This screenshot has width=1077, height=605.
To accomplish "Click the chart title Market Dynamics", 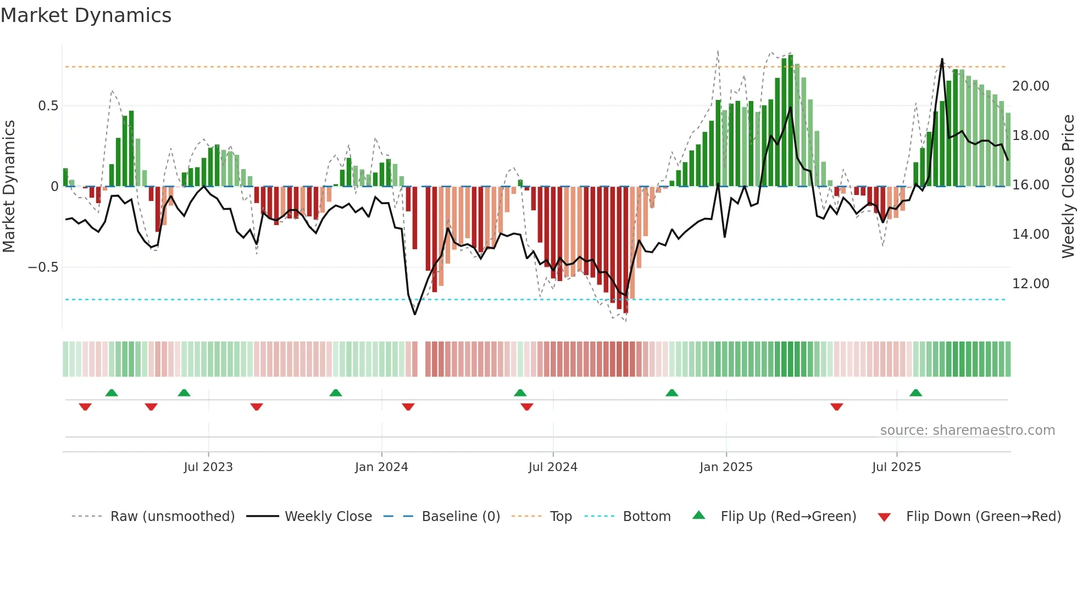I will click(86, 15).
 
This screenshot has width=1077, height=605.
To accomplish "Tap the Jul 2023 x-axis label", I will click(208, 467).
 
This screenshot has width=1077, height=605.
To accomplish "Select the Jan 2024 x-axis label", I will click(381, 467).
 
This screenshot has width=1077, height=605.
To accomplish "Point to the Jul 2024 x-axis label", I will click(553, 467).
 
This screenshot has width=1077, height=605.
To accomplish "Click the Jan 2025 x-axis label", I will click(726, 467).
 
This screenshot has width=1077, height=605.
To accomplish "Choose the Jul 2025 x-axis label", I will click(896, 467).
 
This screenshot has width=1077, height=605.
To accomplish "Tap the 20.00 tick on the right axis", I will click(1030, 86).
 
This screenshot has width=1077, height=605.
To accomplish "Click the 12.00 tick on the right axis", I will click(1030, 284).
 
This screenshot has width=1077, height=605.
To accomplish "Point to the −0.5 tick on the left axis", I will click(43, 267).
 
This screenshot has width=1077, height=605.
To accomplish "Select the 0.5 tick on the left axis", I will click(48, 106).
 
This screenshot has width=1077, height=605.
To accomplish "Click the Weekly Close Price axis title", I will click(1068, 187).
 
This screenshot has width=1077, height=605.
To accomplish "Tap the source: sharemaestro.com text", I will click(967, 430).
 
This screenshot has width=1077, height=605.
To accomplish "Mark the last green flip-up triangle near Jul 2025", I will click(915, 393).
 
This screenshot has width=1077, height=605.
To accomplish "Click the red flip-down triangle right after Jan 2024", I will click(408, 407).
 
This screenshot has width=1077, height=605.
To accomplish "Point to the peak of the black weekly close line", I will click(942, 59).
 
